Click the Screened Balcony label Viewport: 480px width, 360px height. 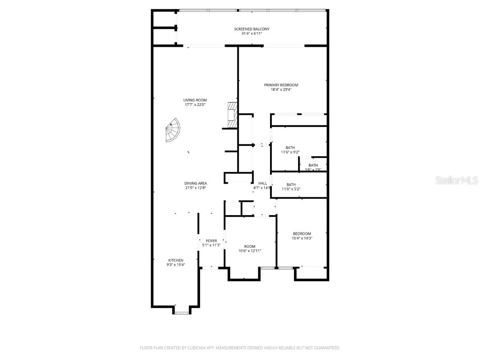252,29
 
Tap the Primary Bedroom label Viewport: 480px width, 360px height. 281,85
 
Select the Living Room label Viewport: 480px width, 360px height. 195,100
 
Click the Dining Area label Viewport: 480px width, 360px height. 195,183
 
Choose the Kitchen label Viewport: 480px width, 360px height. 176,260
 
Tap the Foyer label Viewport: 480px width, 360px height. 211,240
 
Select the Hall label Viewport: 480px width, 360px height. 262,183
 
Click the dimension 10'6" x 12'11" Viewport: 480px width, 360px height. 249,251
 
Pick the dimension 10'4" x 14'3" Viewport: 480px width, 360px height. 302,238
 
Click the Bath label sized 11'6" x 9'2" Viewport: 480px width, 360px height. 290,148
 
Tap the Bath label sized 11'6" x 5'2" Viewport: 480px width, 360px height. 291,184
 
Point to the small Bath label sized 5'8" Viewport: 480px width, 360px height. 313,165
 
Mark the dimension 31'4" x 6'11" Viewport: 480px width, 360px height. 252,34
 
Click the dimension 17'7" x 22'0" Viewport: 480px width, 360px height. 195,105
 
